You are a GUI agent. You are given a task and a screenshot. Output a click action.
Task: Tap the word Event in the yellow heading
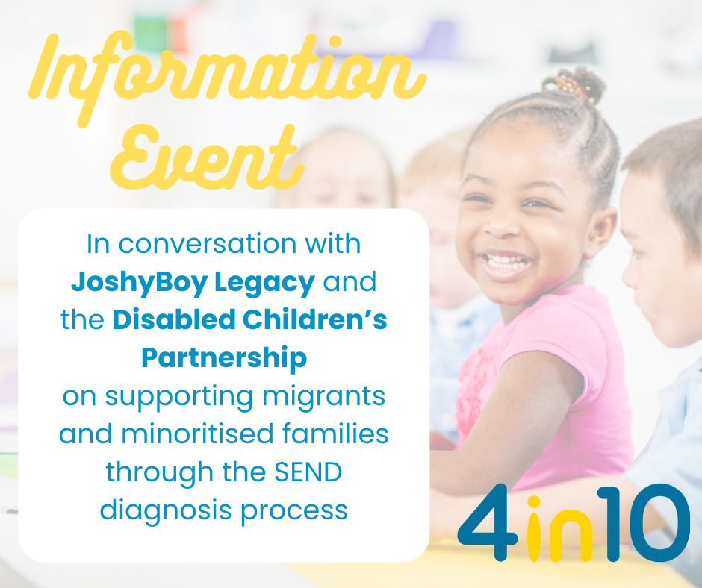(x=207, y=157)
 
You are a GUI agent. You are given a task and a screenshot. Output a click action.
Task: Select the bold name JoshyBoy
(x=139, y=283)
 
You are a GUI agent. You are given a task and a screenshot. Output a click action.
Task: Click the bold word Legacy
(x=264, y=283)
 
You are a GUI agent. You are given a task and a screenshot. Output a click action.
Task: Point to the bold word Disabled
(x=174, y=319)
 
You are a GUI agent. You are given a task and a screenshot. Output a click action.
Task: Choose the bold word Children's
(x=314, y=319)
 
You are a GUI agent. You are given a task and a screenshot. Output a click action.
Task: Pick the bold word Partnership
(x=224, y=359)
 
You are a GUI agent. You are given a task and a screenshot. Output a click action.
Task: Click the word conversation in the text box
(x=207, y=244)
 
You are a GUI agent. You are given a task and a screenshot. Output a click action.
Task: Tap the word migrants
(x=323, y=398)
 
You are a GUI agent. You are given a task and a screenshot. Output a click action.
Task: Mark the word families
(x=335, y=434)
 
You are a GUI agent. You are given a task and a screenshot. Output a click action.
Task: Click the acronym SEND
(x=308, y=472)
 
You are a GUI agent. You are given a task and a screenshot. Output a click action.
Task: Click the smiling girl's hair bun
(x=574, y=84)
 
